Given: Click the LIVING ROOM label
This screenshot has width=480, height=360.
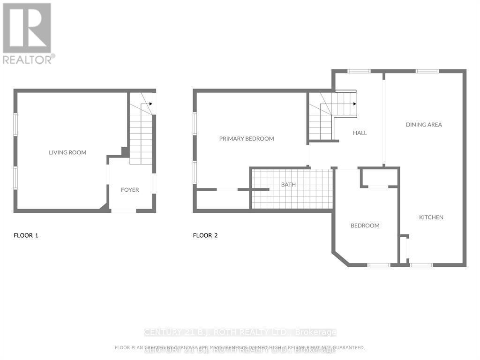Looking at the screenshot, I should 67,152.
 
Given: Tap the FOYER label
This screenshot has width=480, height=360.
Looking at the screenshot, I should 130,190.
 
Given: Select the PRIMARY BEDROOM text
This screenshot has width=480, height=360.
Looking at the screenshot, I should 247,139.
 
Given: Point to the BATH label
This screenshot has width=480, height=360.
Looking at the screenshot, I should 288,185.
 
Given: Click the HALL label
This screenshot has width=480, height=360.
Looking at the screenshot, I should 360,133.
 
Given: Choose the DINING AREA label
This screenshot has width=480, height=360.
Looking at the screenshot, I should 424,125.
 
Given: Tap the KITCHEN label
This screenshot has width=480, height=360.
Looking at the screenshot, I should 431,217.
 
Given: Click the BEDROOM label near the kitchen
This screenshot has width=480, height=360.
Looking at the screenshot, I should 365,226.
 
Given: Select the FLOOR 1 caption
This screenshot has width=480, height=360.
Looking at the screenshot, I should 26,236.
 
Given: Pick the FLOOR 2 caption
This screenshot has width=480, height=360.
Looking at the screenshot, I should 205,236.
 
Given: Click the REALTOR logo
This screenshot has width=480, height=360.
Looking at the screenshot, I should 28,33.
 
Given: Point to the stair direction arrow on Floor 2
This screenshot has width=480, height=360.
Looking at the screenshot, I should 354,104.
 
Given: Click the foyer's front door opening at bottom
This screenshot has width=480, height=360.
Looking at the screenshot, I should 124,211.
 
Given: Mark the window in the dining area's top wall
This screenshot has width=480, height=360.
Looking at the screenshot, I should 427,71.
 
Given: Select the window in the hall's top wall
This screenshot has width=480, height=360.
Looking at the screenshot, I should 359,71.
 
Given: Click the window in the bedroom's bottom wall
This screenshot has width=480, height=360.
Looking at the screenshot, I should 378,265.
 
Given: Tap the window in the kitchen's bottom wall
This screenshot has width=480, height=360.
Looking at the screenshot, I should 421,265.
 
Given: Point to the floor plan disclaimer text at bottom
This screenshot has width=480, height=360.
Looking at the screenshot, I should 240,347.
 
